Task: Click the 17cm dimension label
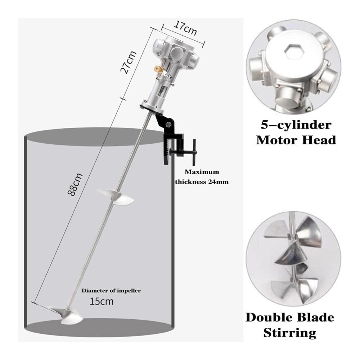(185, 28)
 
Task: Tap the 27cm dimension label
(129, 62)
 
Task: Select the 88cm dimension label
(75, 184)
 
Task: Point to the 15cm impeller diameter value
(102, 301)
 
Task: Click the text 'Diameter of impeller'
(111, 291)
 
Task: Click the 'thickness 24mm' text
(202, 182)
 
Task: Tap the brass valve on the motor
(158, 69)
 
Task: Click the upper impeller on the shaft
(116, 196)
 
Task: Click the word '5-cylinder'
(296, 125)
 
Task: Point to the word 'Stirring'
(290, 333)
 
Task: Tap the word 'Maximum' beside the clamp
(202, 172)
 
